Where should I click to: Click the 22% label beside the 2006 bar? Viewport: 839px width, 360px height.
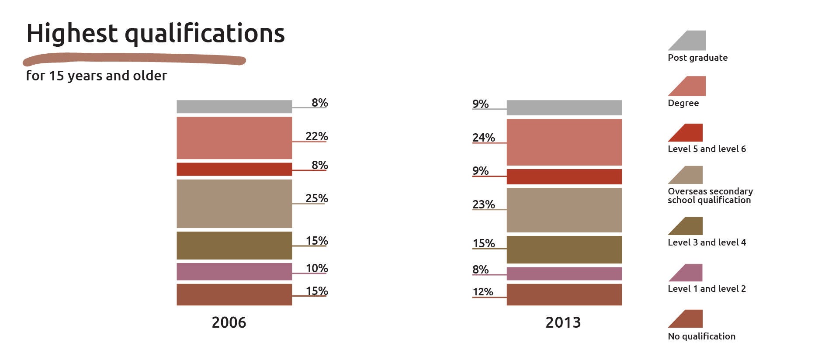point(316,136)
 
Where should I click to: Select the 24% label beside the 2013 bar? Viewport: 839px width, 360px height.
point(483,138)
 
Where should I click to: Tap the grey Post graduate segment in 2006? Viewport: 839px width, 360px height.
point(234,107)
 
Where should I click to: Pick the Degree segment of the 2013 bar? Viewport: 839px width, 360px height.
point(564,142)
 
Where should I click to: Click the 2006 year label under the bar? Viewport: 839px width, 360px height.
point(229,322)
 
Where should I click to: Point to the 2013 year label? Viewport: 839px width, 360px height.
point(563,322)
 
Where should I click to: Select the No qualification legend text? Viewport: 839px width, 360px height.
point(701,336)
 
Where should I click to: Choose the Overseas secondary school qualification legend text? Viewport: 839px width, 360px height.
point(710,196)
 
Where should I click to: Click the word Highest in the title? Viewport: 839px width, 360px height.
point(72,33)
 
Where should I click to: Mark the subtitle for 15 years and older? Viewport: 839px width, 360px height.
point(96,76)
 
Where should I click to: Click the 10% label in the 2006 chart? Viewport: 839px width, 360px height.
point(316,268)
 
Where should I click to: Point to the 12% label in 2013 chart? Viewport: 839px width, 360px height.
point(482,292)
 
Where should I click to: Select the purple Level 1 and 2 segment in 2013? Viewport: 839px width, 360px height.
point(564,273)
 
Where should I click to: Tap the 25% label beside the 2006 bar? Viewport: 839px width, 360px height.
point(316,198)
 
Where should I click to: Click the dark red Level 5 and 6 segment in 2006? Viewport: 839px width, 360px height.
point(234,169)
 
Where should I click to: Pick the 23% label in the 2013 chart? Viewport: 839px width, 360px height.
point(483,204)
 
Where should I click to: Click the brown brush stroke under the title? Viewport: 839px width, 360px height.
point(134,59)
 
